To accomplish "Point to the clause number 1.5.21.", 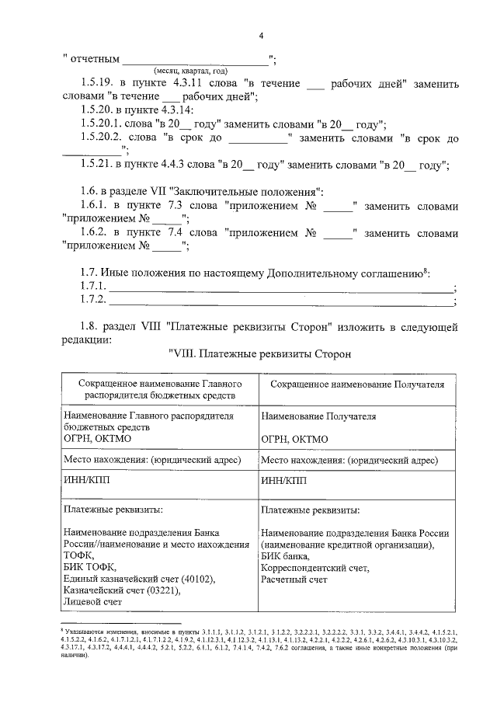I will tap(98, 165).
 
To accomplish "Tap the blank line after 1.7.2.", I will tap(280, 301).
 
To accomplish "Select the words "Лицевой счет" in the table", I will tap(93, 602).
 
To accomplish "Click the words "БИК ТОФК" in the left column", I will tap(89, 568).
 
